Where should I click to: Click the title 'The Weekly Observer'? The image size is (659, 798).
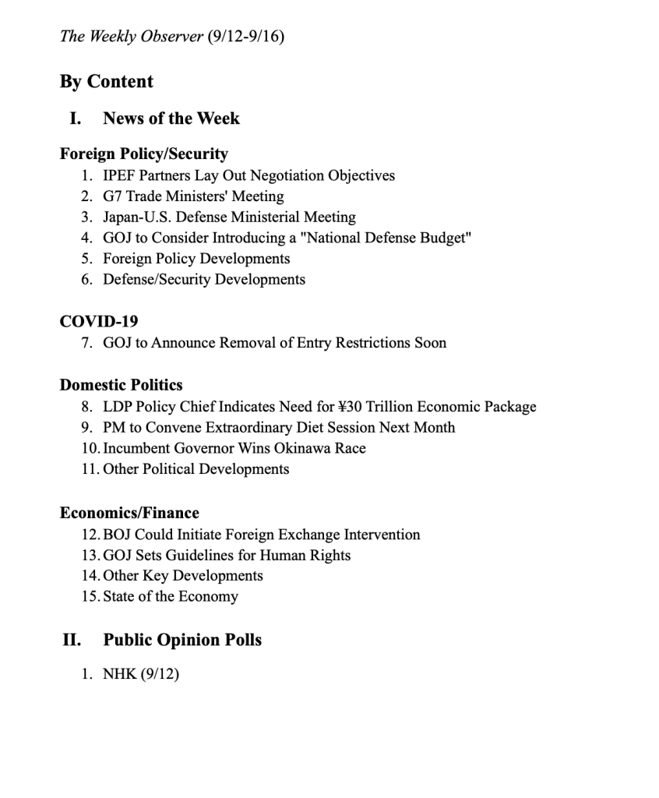[132, 37]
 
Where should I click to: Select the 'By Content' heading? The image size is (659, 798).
[107, 82]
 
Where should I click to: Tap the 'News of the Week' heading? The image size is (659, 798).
[171, 118]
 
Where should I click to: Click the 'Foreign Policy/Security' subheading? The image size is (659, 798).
[144, 154]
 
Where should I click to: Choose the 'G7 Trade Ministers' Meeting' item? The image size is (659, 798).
[193, 196]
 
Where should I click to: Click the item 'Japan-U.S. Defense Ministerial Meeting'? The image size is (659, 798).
[229, 217]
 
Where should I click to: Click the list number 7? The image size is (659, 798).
[86, 343]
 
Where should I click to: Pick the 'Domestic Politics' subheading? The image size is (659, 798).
[122, 385]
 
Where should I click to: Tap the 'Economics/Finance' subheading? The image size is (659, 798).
[129, 513]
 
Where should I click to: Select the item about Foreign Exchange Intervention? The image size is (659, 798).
[262, 535]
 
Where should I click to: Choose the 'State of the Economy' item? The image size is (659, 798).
[171, 597]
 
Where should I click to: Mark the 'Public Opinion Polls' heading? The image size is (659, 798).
[182, 640]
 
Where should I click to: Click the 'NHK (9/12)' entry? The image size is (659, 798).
[141, 673]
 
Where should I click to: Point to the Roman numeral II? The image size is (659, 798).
[72, 640]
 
